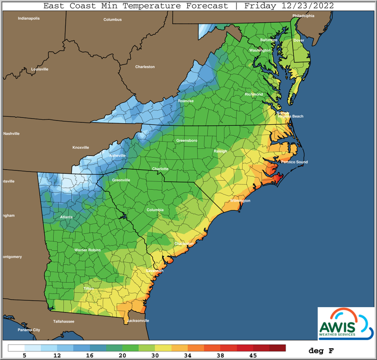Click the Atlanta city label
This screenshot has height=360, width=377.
[66, 217]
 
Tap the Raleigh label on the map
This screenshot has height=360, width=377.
[220, 151]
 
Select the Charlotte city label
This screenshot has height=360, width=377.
[160, 169]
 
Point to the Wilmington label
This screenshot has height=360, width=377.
[240, 201]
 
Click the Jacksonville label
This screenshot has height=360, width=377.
[138, 321]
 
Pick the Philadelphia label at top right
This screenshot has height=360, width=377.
[303, 16]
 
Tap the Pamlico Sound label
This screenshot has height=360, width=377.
[294, 162]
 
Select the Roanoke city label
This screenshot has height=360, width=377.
[186, 101]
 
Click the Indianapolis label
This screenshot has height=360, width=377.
[29, 18]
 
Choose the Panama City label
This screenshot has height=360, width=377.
[28, 330]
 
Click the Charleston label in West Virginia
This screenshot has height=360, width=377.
[145, 67]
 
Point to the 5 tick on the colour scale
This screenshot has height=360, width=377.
[25, 355]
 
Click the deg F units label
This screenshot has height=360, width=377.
[321, 350]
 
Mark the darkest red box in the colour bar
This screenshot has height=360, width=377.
[277, 348]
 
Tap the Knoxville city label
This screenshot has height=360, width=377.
[81, 148]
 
